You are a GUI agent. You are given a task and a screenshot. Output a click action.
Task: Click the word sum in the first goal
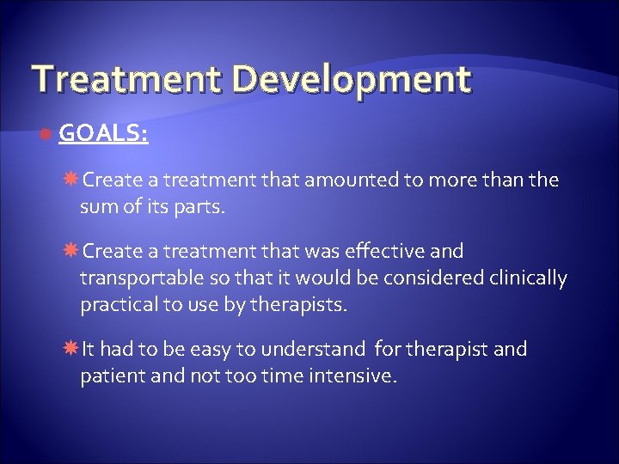(97, 207)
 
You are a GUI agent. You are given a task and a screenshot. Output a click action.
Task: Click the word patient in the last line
(109, 376)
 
